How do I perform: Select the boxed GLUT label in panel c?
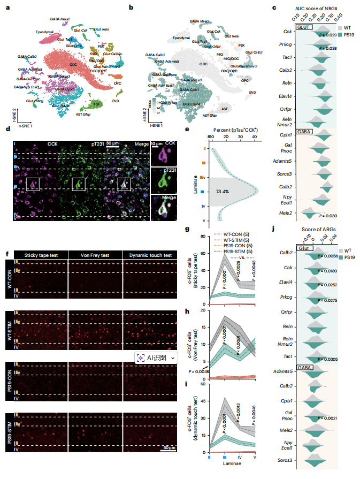(x=305, y=26)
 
